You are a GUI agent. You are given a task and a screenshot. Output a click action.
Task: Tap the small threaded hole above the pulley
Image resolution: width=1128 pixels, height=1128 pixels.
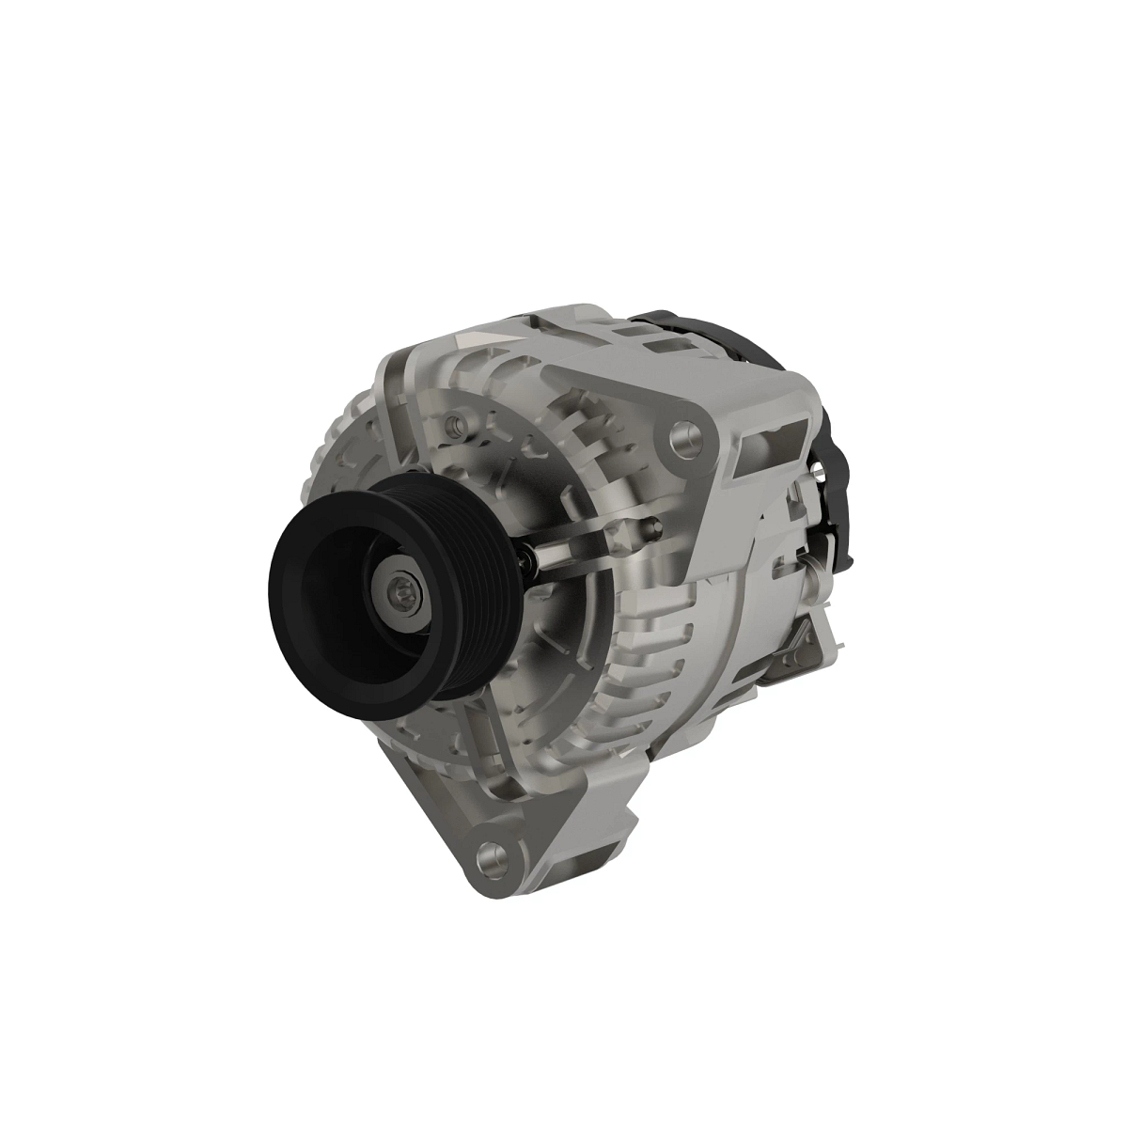click(456, 425)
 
